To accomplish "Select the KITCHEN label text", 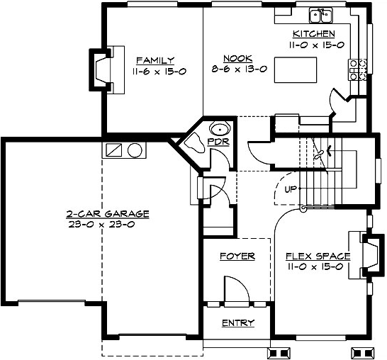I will (313, 33).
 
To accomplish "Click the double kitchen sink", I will (321, 15).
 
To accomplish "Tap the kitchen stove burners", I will (357, 68).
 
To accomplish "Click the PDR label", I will (215, 142).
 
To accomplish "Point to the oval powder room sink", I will (219, 129).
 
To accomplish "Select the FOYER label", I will (237, 256).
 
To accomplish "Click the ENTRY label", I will (237, 323).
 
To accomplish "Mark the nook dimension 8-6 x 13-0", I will (234, 69).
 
